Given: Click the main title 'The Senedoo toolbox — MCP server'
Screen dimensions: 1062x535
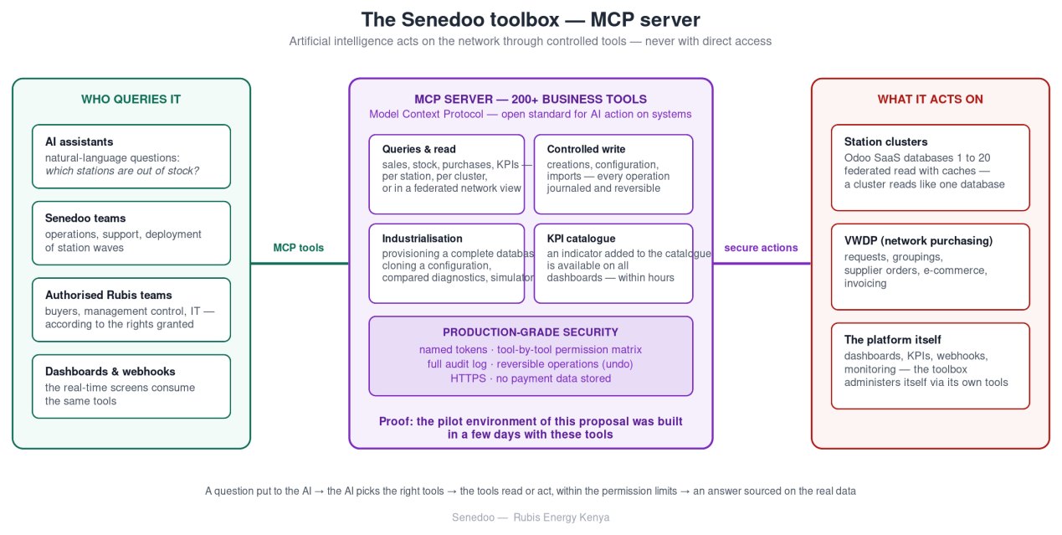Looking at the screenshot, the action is [531, 20].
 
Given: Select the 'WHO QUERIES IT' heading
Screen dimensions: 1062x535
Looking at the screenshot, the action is [131, 99].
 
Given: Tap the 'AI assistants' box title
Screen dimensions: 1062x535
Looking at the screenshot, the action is [80, 141].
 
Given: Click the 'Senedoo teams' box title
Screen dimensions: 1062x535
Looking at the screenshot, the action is [85, 219].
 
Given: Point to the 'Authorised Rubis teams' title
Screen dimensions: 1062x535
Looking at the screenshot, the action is [109, 295].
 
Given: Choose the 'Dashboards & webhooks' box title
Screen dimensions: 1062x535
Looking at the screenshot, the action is [110, 372].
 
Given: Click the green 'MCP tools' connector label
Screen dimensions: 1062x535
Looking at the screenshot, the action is [298, 248].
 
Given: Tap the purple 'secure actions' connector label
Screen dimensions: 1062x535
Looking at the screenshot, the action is [761, 248].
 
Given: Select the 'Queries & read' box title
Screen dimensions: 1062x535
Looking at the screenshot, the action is [418, 149].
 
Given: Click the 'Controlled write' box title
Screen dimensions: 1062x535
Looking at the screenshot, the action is [586, 149].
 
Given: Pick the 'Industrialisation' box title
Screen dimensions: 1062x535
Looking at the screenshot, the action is [422, 239].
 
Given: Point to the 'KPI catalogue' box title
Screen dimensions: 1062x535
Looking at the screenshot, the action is [581, 239].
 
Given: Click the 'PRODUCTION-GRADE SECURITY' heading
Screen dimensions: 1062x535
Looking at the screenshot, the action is [531, 332].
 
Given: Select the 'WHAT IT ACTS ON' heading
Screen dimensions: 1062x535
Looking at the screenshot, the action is [931, 99].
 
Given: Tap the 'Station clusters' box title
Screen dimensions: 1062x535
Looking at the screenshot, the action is [885, 141].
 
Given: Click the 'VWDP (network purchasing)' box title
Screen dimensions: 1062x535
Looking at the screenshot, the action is [918, 241].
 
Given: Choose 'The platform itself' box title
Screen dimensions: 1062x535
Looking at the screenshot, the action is [892, 340].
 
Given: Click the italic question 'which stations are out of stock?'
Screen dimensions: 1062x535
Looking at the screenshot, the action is [122, 171].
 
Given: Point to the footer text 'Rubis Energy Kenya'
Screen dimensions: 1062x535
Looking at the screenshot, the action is [562, 517].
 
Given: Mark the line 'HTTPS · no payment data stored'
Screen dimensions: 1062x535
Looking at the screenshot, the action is [531, 378].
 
